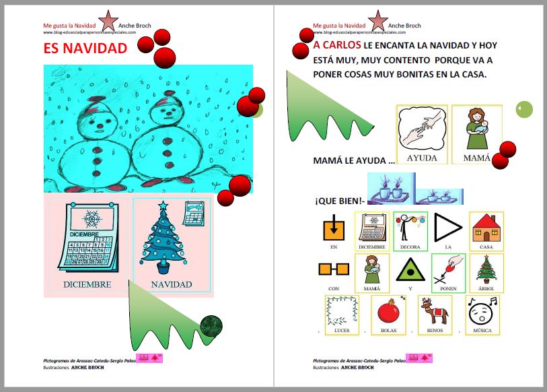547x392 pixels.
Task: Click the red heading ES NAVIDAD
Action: click(x=85, y=48)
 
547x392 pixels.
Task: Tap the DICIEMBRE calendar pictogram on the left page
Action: click(x=88, y=238)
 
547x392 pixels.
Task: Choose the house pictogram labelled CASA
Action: click(x=486, y=228)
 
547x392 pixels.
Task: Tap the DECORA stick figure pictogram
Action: click(x=410, y=228)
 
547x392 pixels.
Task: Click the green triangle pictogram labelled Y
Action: click(x=410, y=271)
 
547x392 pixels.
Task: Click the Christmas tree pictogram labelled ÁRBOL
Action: click(x=486, y=269)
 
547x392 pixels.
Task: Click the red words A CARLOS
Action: click(x=336, y=46)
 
